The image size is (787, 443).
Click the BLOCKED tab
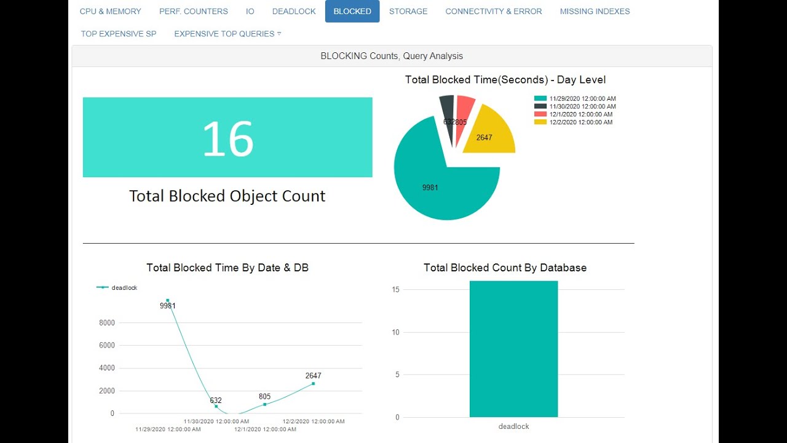352,11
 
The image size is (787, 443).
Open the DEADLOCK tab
294,11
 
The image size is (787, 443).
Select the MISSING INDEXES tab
595,11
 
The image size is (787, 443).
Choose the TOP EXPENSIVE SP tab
119,34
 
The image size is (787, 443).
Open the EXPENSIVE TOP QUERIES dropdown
227,34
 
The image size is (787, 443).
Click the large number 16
227,138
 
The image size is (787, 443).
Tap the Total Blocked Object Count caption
227,196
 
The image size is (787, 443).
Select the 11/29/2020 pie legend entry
575,98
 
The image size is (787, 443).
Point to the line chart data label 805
264,397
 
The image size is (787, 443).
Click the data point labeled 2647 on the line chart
313,383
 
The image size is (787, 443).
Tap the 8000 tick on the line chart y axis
107,323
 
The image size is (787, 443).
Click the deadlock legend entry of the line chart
118,287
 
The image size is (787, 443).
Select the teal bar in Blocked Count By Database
513,349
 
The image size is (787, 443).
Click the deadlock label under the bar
513,426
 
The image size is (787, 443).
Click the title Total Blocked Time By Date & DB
227,268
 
